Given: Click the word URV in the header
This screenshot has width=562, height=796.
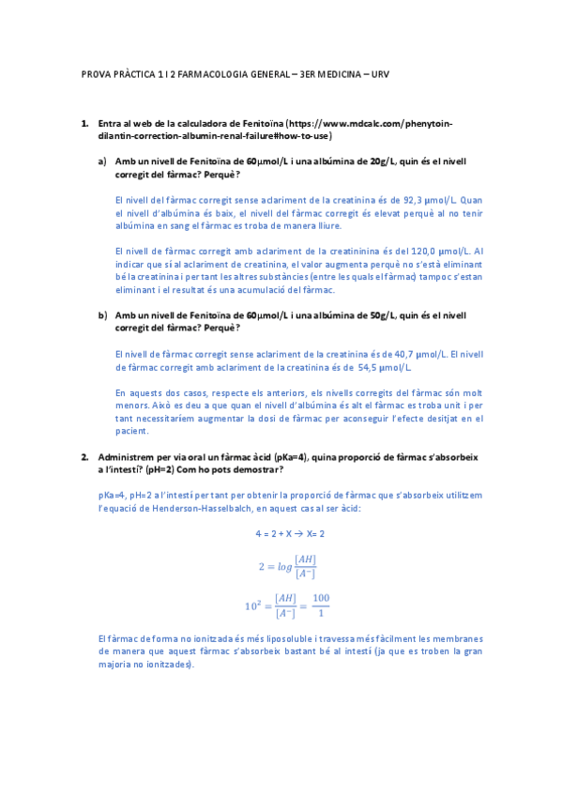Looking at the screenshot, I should (379, 74).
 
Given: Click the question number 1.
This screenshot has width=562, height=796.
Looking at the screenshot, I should (84, 123).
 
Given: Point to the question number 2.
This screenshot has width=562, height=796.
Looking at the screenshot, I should (84, 456).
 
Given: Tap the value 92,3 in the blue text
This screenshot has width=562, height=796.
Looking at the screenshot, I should (412, 199).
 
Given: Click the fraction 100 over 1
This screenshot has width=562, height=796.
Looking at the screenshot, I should (321, 605).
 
